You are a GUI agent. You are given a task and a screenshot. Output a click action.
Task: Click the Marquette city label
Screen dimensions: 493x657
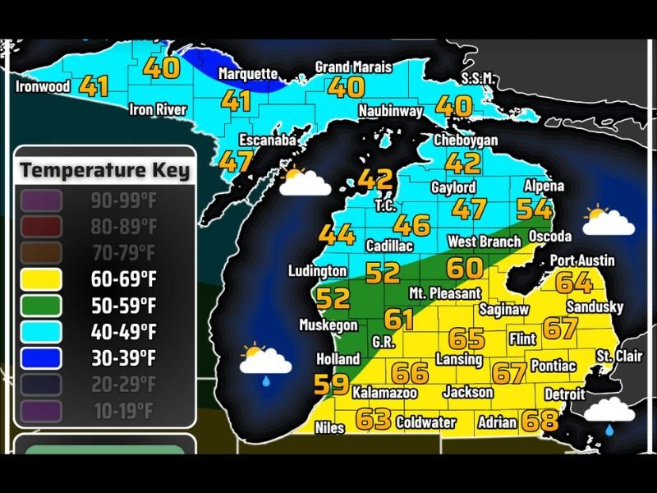point(248,74)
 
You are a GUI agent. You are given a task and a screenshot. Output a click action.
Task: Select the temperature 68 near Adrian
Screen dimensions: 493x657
point(540,422)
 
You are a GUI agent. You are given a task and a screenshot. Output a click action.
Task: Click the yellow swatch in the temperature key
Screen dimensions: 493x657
point(42,279)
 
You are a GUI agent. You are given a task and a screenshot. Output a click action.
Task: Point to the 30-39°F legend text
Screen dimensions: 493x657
point(123,357)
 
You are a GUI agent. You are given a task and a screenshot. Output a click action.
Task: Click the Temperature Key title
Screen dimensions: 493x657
point(104,170)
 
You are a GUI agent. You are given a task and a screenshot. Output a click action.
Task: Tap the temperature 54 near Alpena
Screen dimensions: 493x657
point(534,209)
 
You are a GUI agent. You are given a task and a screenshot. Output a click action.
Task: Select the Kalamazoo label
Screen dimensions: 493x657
point(384,394)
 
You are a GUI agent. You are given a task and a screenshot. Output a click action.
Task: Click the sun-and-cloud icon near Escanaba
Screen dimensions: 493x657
point(303,182)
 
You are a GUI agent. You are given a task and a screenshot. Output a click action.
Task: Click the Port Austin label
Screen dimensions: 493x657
point(582,260)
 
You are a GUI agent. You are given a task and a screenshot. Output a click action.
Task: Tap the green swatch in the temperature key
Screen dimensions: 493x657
point(42,305)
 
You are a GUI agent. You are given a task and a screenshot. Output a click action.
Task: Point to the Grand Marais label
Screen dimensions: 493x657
point(353,67)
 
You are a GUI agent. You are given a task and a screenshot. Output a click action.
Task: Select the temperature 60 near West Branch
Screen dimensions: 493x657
point(464,268)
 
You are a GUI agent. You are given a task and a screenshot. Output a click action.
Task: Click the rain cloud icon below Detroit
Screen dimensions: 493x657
point(609,412)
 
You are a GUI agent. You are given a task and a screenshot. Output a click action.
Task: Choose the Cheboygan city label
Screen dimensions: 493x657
point(466,141)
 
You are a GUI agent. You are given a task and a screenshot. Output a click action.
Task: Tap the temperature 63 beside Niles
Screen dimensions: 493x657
point(373,419)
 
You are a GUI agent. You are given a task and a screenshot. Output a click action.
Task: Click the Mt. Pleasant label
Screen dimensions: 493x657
point(445,293)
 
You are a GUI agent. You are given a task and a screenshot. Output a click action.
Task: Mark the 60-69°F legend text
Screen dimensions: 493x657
point(123,279)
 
